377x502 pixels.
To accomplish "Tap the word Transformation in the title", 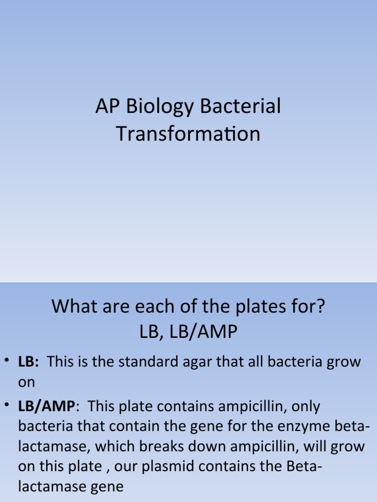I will click(x=188, y=133).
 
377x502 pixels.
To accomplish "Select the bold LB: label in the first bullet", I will click(x=29, y=363).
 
